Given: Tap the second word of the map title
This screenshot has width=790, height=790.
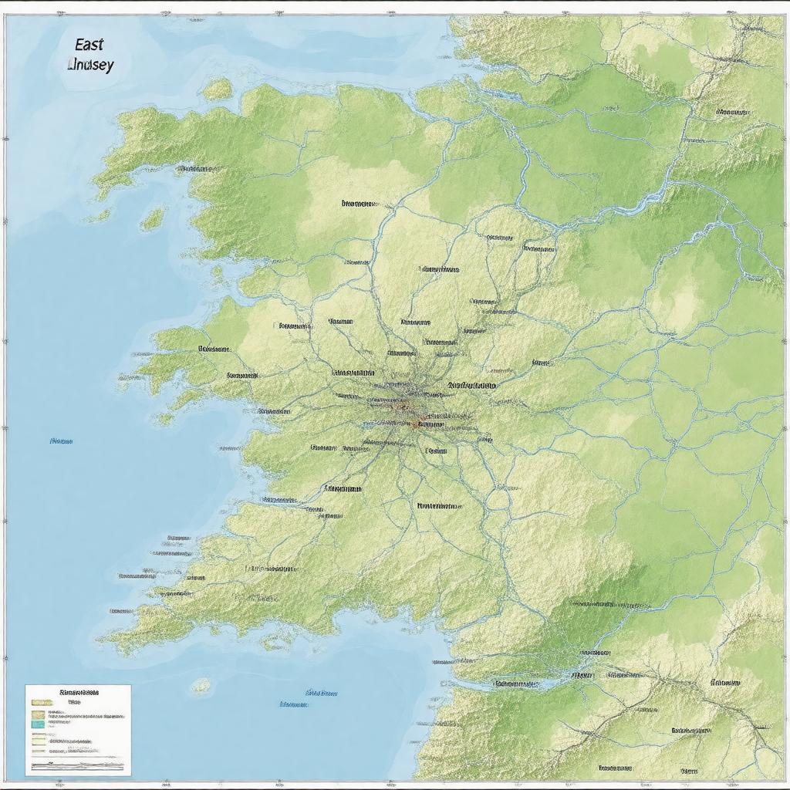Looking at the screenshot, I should (91, 65).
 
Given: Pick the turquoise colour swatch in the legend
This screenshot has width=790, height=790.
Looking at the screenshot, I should (39, 724).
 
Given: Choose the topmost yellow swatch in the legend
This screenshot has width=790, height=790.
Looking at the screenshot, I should (41, 703).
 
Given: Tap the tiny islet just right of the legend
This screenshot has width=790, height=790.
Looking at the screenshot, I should (201, 685).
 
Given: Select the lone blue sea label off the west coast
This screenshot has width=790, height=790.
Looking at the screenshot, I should (60, 441).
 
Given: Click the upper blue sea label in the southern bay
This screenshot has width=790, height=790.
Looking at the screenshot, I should (321, 693).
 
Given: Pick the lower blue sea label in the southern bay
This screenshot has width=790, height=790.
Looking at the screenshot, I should (293, 704).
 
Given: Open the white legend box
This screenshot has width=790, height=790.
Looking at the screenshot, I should (77, 729).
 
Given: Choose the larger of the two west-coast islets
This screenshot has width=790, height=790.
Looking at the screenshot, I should (153, 219).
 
